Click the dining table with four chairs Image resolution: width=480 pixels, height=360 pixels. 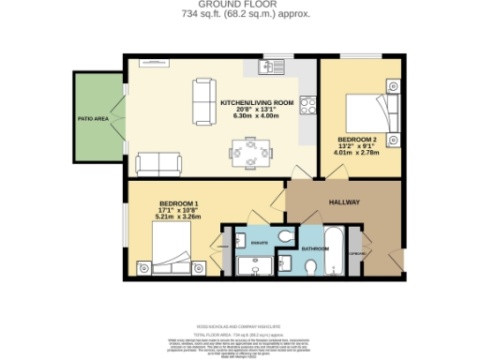[x=249, y=149]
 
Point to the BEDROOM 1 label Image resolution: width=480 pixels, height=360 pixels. [x=178, y=203]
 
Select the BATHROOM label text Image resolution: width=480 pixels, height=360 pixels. [x=315, y=248]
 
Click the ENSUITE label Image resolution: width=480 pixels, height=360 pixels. [x=261, y=244]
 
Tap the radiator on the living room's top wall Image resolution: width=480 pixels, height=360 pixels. [x=153, y=62]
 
